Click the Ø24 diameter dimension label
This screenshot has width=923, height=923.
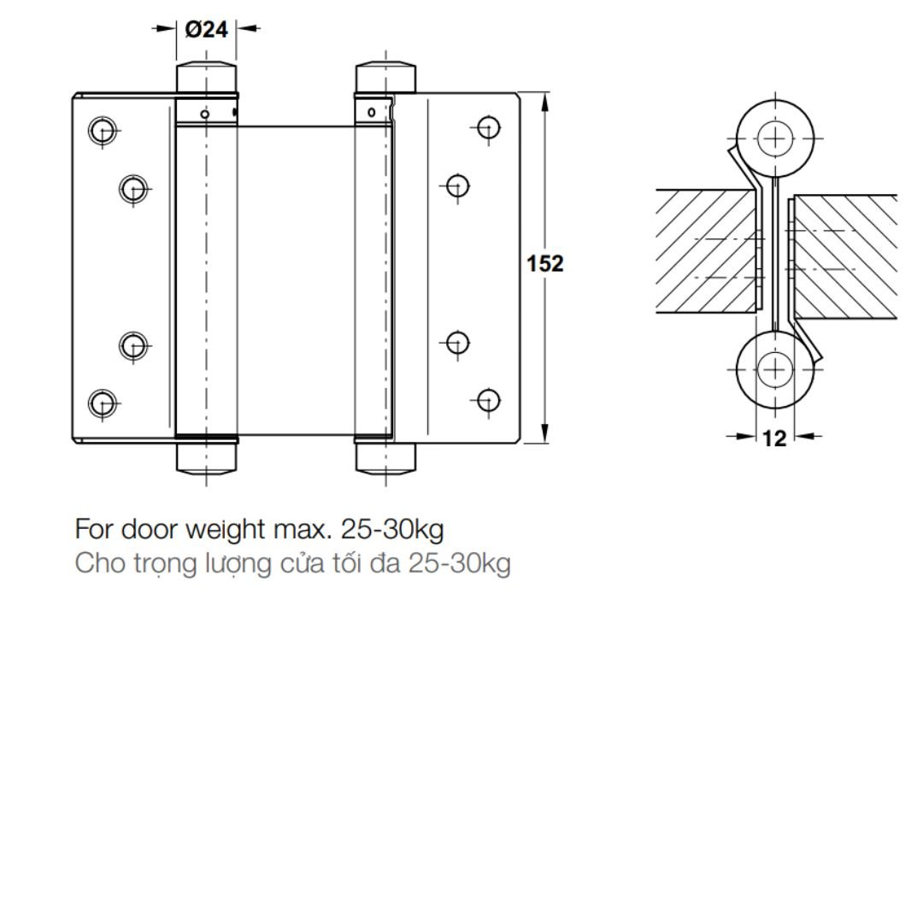coord(206,29)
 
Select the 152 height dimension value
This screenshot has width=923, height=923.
coord(544,263)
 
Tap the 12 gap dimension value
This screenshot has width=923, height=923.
coord(774,438)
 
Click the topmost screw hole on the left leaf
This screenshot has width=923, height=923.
coord(103,130)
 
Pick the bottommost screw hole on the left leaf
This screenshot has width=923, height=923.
coord(103,403)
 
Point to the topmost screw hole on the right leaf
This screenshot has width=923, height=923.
coord(489,127)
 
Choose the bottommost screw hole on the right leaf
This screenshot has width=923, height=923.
coord(489,400)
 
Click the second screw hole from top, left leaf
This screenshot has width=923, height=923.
coord(133,189)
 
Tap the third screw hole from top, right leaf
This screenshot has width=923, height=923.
coord(457,343)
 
